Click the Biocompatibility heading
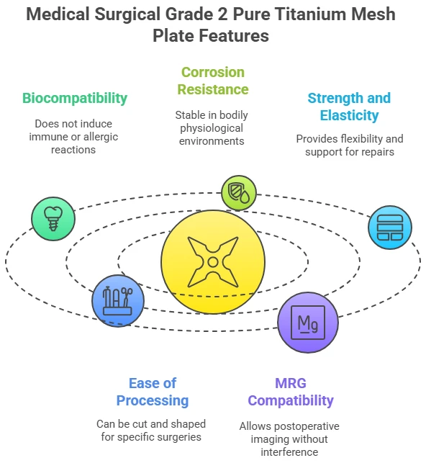pos(75,99)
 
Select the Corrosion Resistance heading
pos(213,81)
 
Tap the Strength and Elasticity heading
pos(349,107)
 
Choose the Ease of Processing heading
pos(153,392)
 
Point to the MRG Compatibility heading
pos(291,392)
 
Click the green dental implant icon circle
pos(53,219)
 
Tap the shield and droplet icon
pos(239,193)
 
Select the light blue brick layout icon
pos(390,228)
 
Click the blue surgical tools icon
pos(118,300)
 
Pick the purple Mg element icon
pos(308,322)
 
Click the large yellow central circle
pos(213,262)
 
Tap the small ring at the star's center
pos(213,262)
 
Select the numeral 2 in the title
pos(223,14)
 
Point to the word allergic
pos(101,137)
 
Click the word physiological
pos(212,128)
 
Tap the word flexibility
pos(363,139)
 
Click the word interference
pos(289,452)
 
